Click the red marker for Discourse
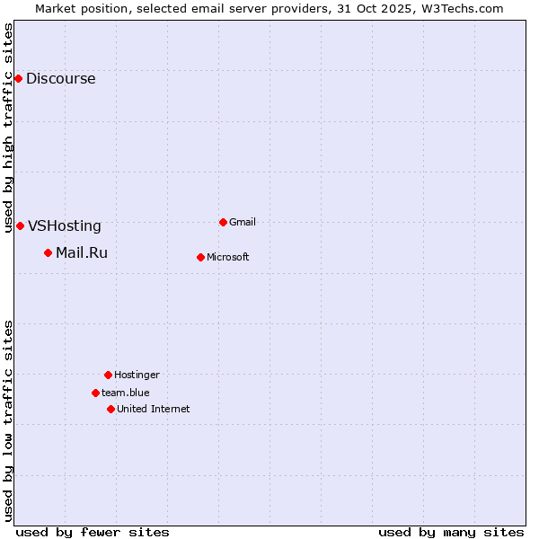click(18, 79)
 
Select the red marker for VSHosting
click(20, 226)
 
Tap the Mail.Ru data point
click(48, 253)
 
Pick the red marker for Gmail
click(223, 222)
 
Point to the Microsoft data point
click(200, 258)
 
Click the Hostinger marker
click(108, 375)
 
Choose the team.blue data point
click(95, 393)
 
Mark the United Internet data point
click(110, 409)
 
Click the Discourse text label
click(60, 79)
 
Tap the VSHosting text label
click(65, 226)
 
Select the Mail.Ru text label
click(82, 253)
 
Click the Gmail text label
click(243, 222)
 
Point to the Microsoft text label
click(228, 258)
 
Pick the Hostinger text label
click(137, 375)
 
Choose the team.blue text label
click(126, 393)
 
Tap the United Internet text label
click(154, 409)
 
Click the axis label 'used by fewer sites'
click(93, 532)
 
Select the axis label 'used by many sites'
click(451, 532)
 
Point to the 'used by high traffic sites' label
click(8, 128)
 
